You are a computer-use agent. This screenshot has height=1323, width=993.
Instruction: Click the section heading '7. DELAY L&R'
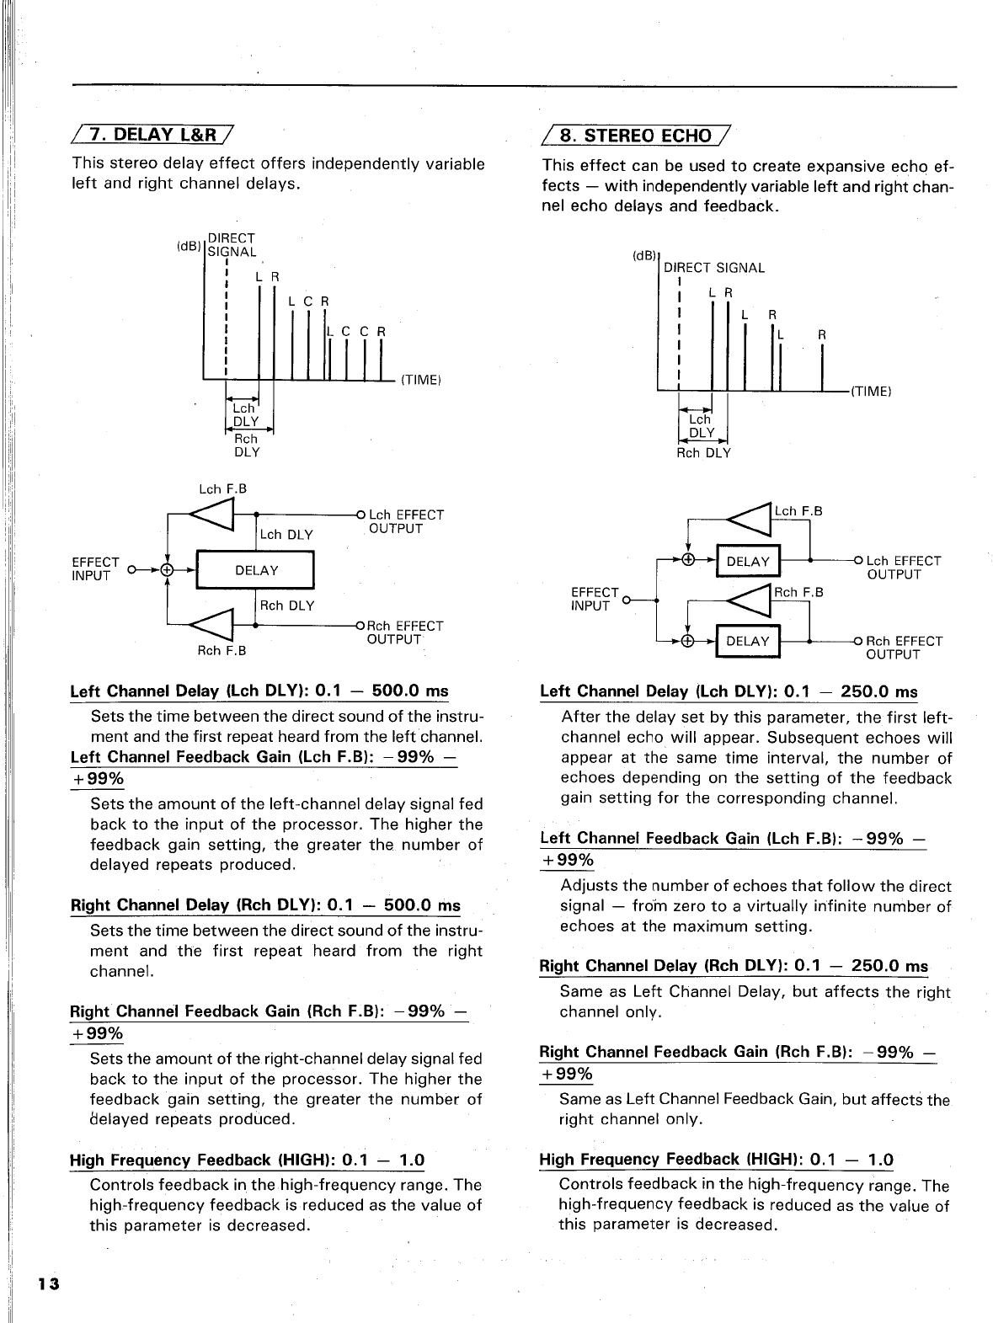click(153, 134)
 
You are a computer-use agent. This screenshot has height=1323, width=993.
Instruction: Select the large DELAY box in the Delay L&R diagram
click(256, 570)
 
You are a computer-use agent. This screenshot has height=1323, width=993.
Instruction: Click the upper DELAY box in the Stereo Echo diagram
click(748, 562)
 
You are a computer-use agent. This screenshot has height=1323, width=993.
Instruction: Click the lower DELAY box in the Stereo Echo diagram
click(748, 641)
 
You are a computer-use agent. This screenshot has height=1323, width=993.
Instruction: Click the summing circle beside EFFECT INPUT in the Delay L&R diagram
click(168, 570)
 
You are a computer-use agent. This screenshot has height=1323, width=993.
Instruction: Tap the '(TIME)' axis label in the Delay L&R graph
click(420, 380)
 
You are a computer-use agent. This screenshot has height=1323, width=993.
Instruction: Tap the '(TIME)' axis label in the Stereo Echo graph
click(871, 391)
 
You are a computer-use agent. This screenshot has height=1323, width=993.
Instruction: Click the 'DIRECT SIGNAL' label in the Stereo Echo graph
click(714, 268)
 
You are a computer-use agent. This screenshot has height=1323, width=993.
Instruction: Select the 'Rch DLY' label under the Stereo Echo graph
click(703, 452)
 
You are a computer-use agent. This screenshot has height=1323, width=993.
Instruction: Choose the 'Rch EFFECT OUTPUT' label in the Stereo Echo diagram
click(904, 648)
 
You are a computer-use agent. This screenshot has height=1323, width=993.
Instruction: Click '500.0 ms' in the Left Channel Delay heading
click(409, 691)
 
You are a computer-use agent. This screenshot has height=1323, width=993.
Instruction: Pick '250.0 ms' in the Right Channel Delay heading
click(889, 966)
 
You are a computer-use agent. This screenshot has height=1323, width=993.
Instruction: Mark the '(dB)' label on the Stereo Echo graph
click(644, 255)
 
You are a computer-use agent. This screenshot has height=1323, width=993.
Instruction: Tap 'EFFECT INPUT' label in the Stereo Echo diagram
click(595, 599)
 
